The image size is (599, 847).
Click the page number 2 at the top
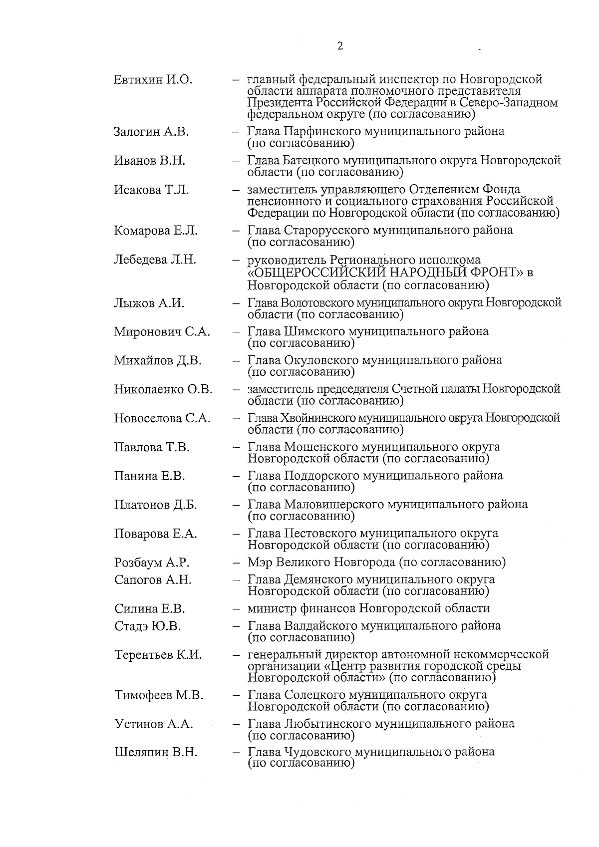pos(340,46)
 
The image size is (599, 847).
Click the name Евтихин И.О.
pos(153,79)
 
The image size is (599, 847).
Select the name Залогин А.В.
pos(151,132)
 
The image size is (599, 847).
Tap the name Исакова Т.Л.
pos(151,190)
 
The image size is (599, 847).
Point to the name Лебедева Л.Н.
pos(155,260)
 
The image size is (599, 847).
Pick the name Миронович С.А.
pos(162,331)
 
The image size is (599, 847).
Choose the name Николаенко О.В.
pos(163,389)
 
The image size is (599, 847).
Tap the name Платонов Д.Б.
pos(155,505)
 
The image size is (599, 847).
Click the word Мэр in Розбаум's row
pos(259,563)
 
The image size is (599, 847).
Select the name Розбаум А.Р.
pos(152,563)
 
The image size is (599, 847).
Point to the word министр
pos(272,608)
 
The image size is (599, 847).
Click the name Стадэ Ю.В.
pos(148,626)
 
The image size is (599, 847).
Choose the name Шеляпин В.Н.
pos(156,753)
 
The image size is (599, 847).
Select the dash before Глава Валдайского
pos(235,626)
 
